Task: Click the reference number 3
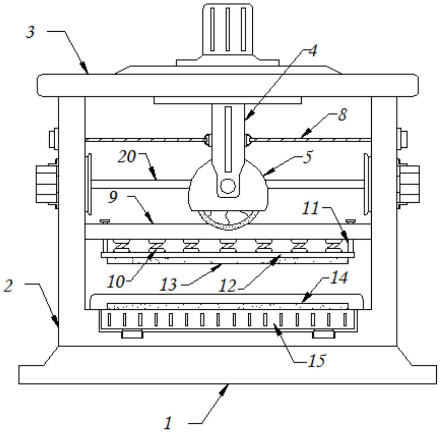pyautogui.click(x=31, y=32)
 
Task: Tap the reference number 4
pyautogui.click(x=313, y=51)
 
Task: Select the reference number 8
pyautogui.click(x=342, y=115)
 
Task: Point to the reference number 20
pyautogui.click(x=127, y=157)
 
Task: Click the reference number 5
pyautogui.click(x=307, y=157)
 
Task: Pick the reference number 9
pyautogui.click(x=113, y=197)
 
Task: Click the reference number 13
pyautogui.click(x=168, y=285)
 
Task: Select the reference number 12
pyautogui.click(x=228, y=286)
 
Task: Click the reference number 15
pyautogui.click(x=317, y=360)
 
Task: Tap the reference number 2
pyautogui.click(x=8, y=286)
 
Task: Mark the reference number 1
pyautogui.click(x=168, y=423)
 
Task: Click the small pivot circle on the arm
pyautogui.click(x=228, y=186)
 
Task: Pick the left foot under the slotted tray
pyautogui.click(x=132, y=334)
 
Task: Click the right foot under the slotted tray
pyautogui.click(x=323, y=334)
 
